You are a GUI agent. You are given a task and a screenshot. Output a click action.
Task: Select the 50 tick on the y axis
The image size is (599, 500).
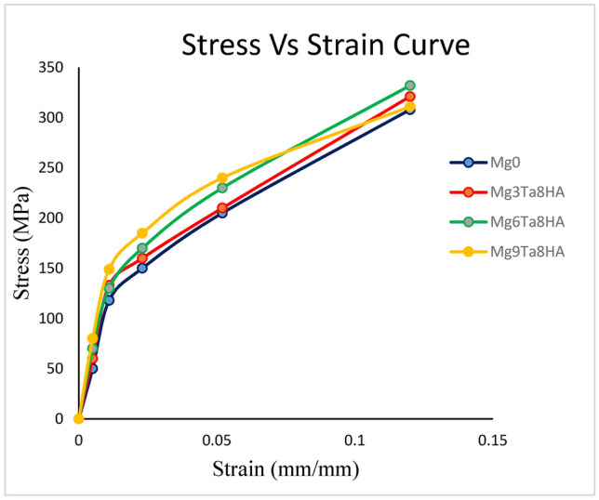pos(59,369)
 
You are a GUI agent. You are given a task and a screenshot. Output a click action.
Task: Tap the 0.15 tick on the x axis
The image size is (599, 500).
pos(492,440)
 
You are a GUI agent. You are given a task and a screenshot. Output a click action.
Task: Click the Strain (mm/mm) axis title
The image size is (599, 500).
pos(285,469)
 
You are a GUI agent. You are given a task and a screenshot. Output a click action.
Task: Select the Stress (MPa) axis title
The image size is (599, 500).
pos(22,243)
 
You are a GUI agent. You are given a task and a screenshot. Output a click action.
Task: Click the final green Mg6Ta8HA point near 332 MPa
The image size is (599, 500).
pos(409,86)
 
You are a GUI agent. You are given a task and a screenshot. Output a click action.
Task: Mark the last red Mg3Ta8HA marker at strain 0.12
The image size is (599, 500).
pos(409,97)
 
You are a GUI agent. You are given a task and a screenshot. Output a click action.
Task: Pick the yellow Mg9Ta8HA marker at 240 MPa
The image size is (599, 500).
pos(222,178)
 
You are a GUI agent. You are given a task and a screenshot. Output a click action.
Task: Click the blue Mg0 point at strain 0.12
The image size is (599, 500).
pos(409,109)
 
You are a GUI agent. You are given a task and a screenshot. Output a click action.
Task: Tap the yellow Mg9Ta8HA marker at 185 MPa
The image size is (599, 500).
pos(142,233)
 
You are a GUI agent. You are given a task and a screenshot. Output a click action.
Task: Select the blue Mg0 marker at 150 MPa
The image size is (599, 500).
pos(142,268)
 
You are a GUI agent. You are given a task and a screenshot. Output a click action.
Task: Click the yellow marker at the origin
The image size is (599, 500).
pos(78,419)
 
